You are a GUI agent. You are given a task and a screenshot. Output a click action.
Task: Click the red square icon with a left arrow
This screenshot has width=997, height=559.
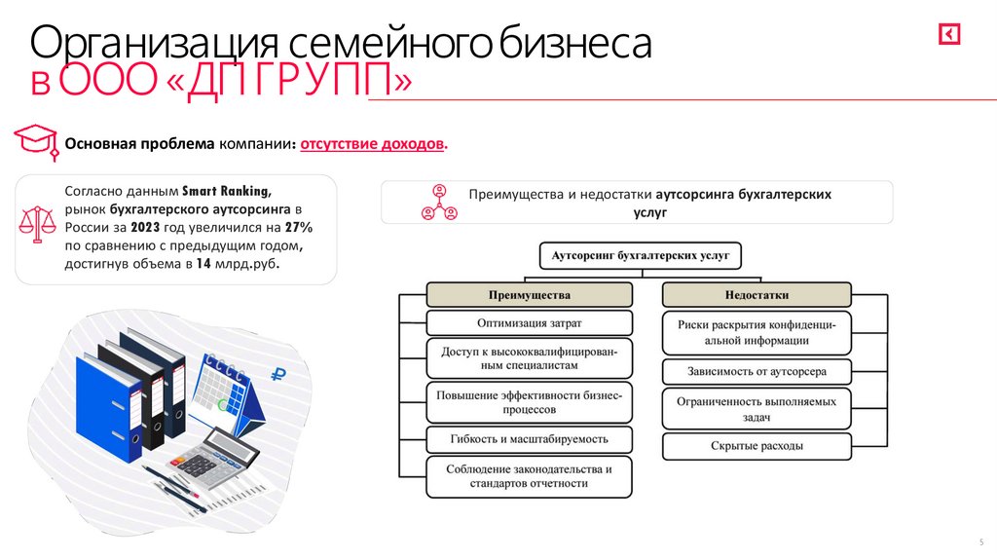pyautogui.click(x=949, y=35)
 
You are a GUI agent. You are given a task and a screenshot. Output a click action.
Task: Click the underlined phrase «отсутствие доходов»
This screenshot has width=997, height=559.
pyautogui.click(x=373, y=144)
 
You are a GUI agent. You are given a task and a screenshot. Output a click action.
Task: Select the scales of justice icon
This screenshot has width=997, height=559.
pyautogui.click(x=38, y=224)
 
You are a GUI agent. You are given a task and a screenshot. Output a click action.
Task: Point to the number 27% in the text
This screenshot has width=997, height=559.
pyautogui.click(x=298, y=227)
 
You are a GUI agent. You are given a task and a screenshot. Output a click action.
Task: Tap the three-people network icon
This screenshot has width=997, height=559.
pyautogui.click(x=438, y=202)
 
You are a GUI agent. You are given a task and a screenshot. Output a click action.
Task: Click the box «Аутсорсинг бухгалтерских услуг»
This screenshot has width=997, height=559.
pyautogui.click(x=640, y=256)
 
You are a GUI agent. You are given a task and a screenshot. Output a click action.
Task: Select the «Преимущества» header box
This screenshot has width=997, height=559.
pyautogui.click(x=529, y=294)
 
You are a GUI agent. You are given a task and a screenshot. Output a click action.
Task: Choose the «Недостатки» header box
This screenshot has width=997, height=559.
pyautogui.click(x=757, y=294)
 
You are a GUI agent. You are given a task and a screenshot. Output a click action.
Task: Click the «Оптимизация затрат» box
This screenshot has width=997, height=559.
pyautogui.click(x=529, y=322)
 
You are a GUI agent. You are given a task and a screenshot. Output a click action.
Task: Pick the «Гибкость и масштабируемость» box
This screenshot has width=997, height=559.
pyautogui.click(x=529, y=439)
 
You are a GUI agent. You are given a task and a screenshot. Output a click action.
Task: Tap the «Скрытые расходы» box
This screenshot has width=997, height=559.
pyautogui.click(x=757, y=447)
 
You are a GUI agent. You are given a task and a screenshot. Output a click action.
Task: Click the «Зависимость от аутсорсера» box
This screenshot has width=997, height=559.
pyautogui.click(x=757, y=371)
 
